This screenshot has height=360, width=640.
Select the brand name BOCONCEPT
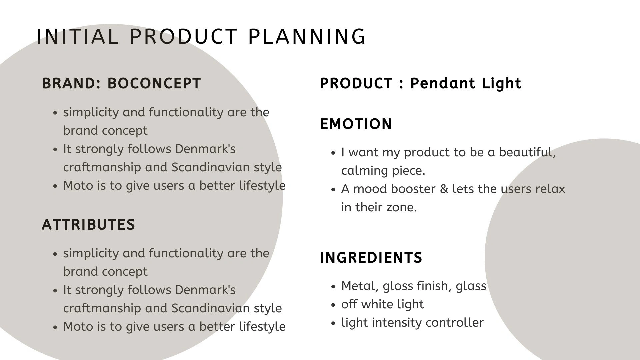coord(154,83)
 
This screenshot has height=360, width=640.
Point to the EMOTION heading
coord(356,124)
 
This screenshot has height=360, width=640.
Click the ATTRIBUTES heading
coord(88,225)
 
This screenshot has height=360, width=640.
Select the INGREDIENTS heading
coord(371,258)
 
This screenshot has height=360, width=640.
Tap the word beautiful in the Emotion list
coord(527,152)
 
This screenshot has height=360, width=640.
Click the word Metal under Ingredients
coord(360,286)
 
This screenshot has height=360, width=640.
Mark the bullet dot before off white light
coord(333,305)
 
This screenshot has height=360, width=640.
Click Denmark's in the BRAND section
coord(205,149)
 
